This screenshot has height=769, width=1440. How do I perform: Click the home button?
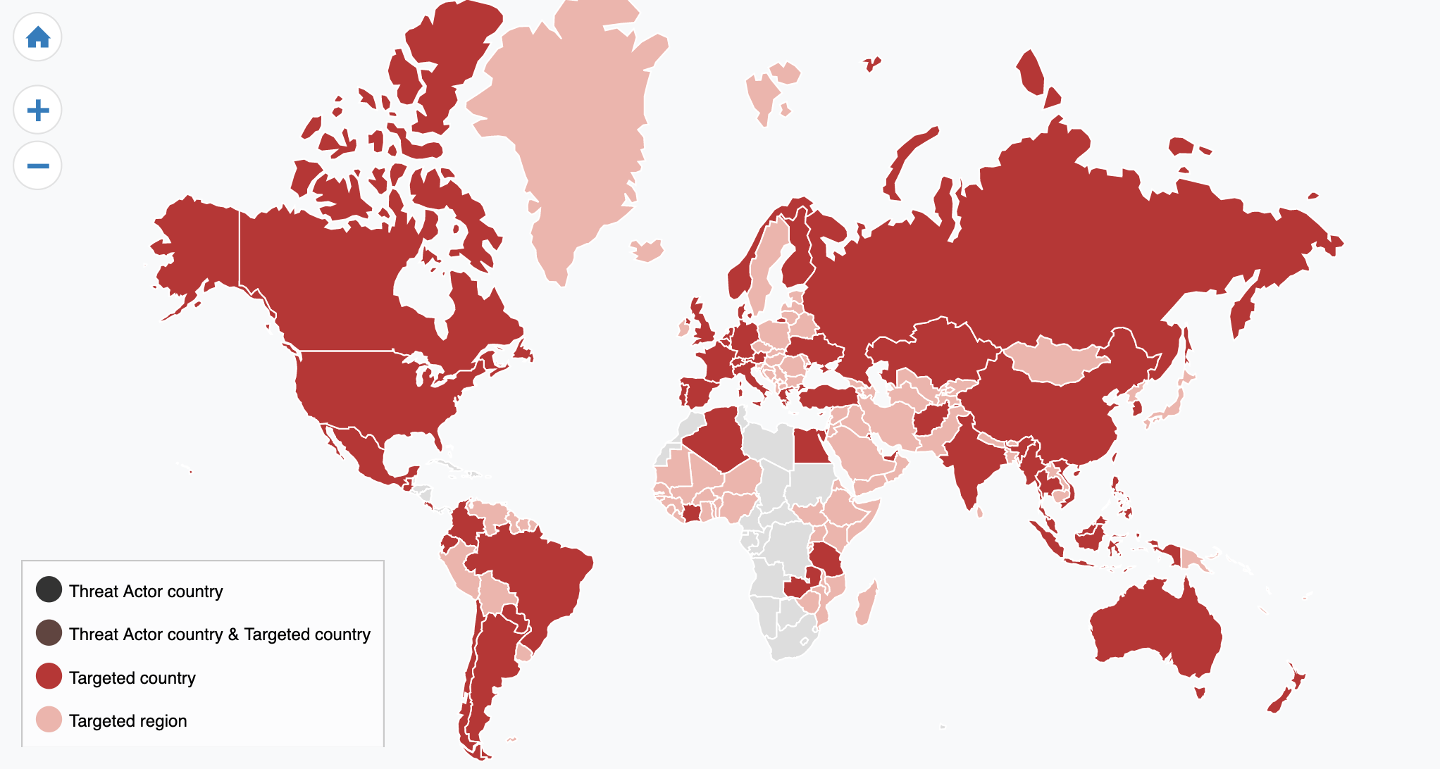pos(37,37)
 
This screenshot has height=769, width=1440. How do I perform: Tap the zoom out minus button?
pos(37,166)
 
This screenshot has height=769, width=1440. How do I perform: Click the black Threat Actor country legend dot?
pos(49,590)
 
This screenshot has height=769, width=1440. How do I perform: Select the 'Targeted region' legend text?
pos(128,721)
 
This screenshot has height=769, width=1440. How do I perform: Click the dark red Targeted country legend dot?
pos(49,677)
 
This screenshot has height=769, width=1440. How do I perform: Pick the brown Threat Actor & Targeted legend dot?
pos(49,633)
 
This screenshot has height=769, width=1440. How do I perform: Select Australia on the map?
pos(1155,627)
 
